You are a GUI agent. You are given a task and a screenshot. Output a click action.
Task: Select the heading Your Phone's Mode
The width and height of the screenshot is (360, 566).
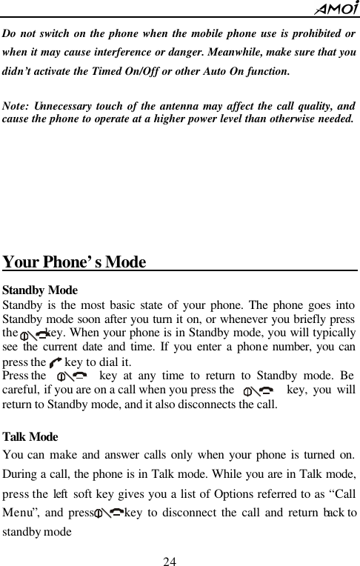(74, 263)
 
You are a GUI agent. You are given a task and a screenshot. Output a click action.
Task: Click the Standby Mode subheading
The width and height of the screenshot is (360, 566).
(40, 290)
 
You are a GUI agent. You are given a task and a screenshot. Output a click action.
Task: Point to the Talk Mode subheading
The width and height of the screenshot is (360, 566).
(30, 437)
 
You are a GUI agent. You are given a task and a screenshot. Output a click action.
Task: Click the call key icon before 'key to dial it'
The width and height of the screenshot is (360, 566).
(56, 363)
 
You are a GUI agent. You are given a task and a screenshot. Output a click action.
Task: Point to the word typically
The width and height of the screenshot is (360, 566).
(333, 333)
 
